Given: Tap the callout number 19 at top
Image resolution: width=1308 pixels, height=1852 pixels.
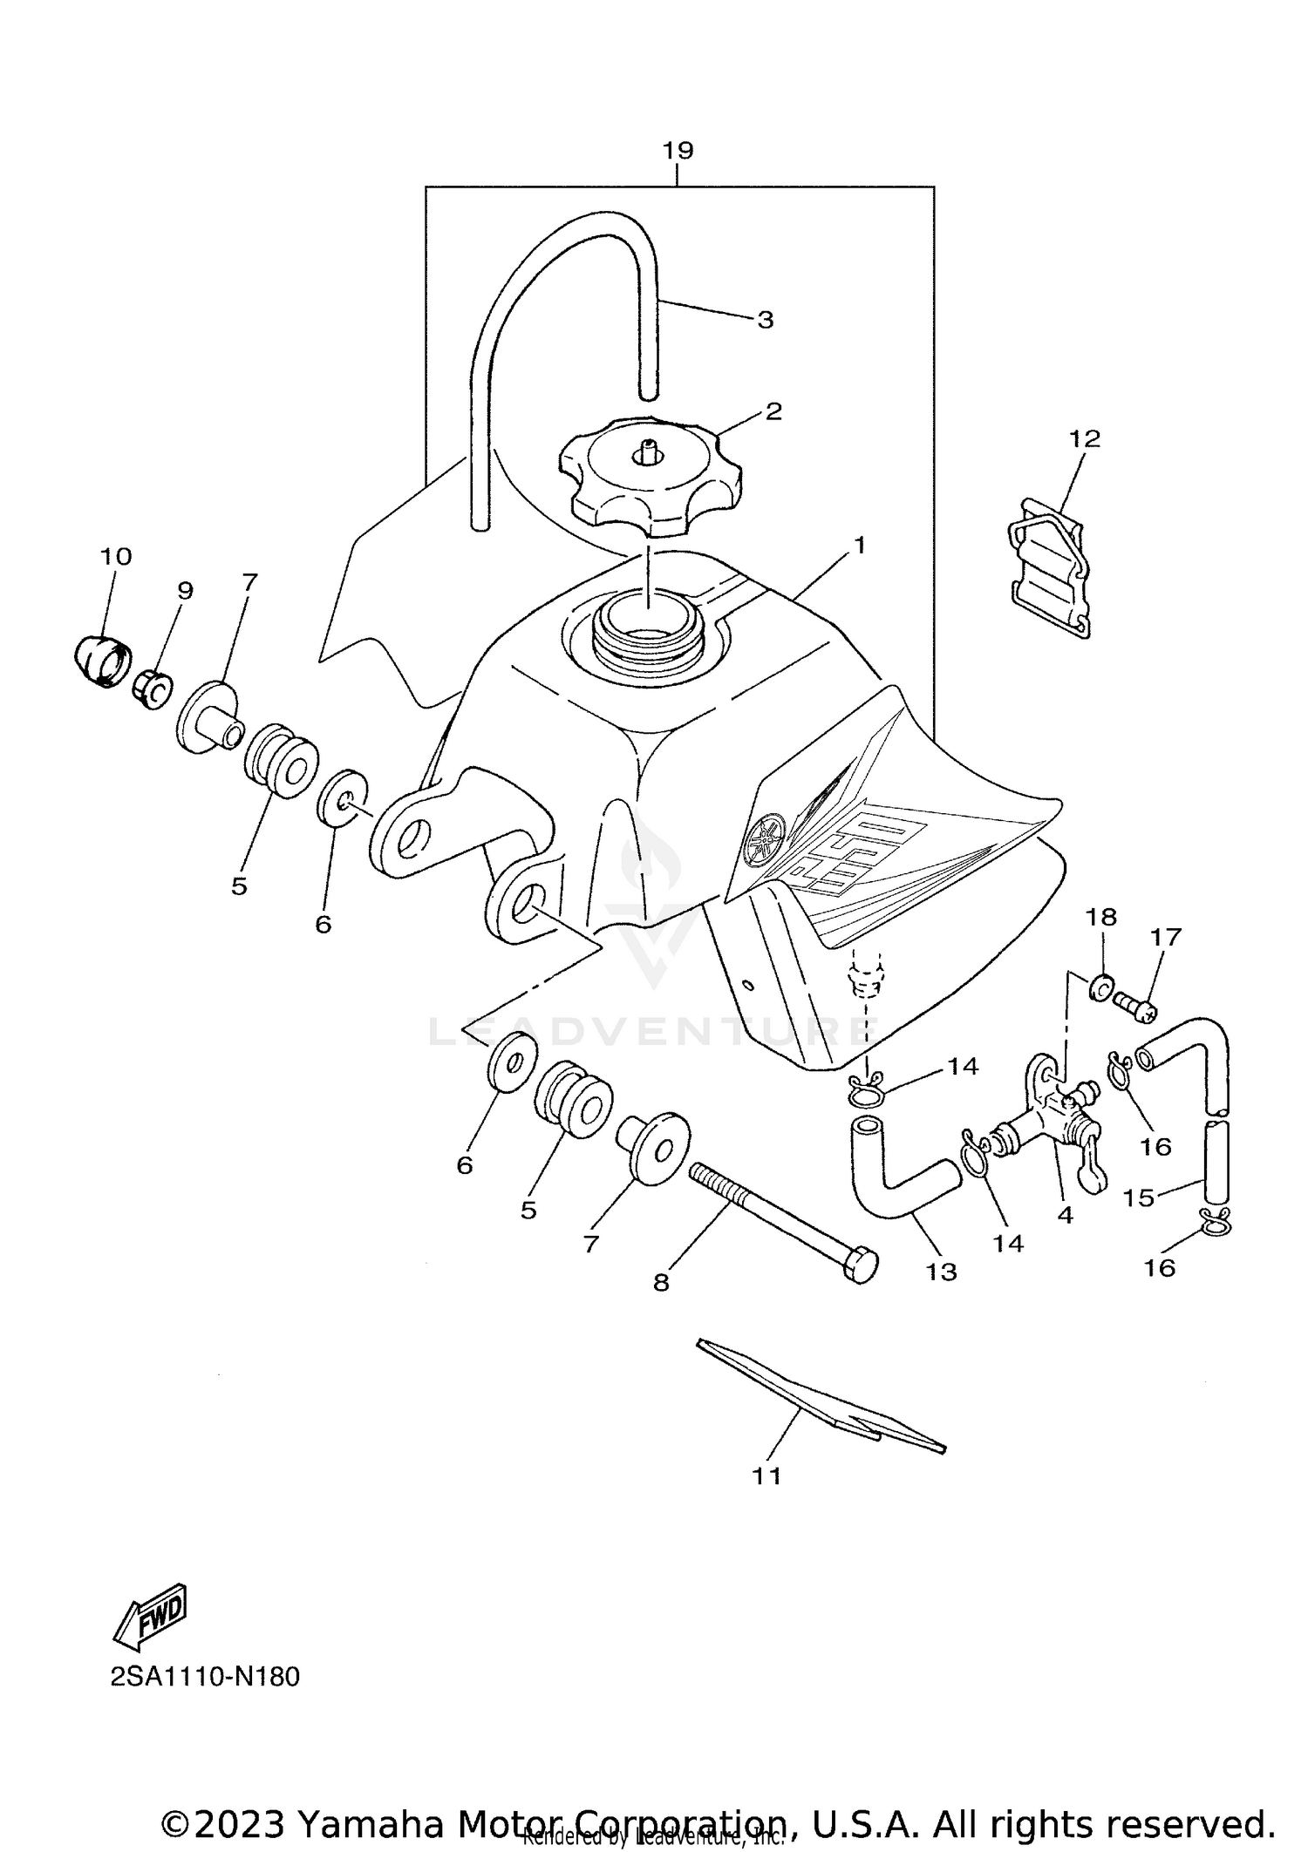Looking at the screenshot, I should click(678, 151).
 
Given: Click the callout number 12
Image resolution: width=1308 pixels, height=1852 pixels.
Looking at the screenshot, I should click(1085, 438).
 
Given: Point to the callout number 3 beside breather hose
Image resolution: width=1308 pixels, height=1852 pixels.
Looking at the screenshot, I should click(765, 320).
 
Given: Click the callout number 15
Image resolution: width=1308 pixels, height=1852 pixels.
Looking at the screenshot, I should click(1138, 1197).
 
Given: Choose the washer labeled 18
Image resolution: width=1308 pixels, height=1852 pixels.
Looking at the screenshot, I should click(1100, 987).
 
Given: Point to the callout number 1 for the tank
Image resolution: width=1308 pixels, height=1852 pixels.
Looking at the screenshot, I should click(859, 546).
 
